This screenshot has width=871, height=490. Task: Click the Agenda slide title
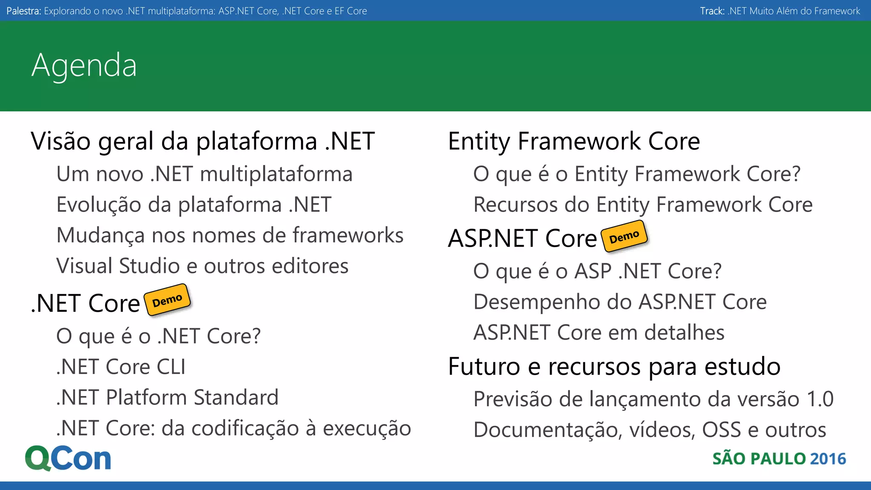point(84,66)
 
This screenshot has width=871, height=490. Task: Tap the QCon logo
point(68,458)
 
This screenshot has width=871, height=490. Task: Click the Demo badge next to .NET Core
point(167,300)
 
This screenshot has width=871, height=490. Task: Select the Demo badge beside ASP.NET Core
point(624,236)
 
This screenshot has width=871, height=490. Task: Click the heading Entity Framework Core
point(574,141)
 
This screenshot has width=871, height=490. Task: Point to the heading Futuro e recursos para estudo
point(614,366)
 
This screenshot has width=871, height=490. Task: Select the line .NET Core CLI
point(121,367)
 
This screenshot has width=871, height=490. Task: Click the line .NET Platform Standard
point(168,397)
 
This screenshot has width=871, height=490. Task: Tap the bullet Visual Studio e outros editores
point(202,266)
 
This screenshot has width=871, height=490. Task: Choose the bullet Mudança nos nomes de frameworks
point(230,235)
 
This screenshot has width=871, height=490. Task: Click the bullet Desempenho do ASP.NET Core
point(620,302)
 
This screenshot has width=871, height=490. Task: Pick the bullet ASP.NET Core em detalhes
point(599,332)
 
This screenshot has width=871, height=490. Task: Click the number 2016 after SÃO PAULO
point(828,459)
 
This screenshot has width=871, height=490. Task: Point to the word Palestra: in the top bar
point(24,11)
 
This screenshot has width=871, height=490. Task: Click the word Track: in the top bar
point(712,11)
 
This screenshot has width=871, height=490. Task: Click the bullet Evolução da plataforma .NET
point(194,205)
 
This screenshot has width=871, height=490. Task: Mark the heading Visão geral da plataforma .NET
point(203,141)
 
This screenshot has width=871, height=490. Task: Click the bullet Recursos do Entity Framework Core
point(643,205)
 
